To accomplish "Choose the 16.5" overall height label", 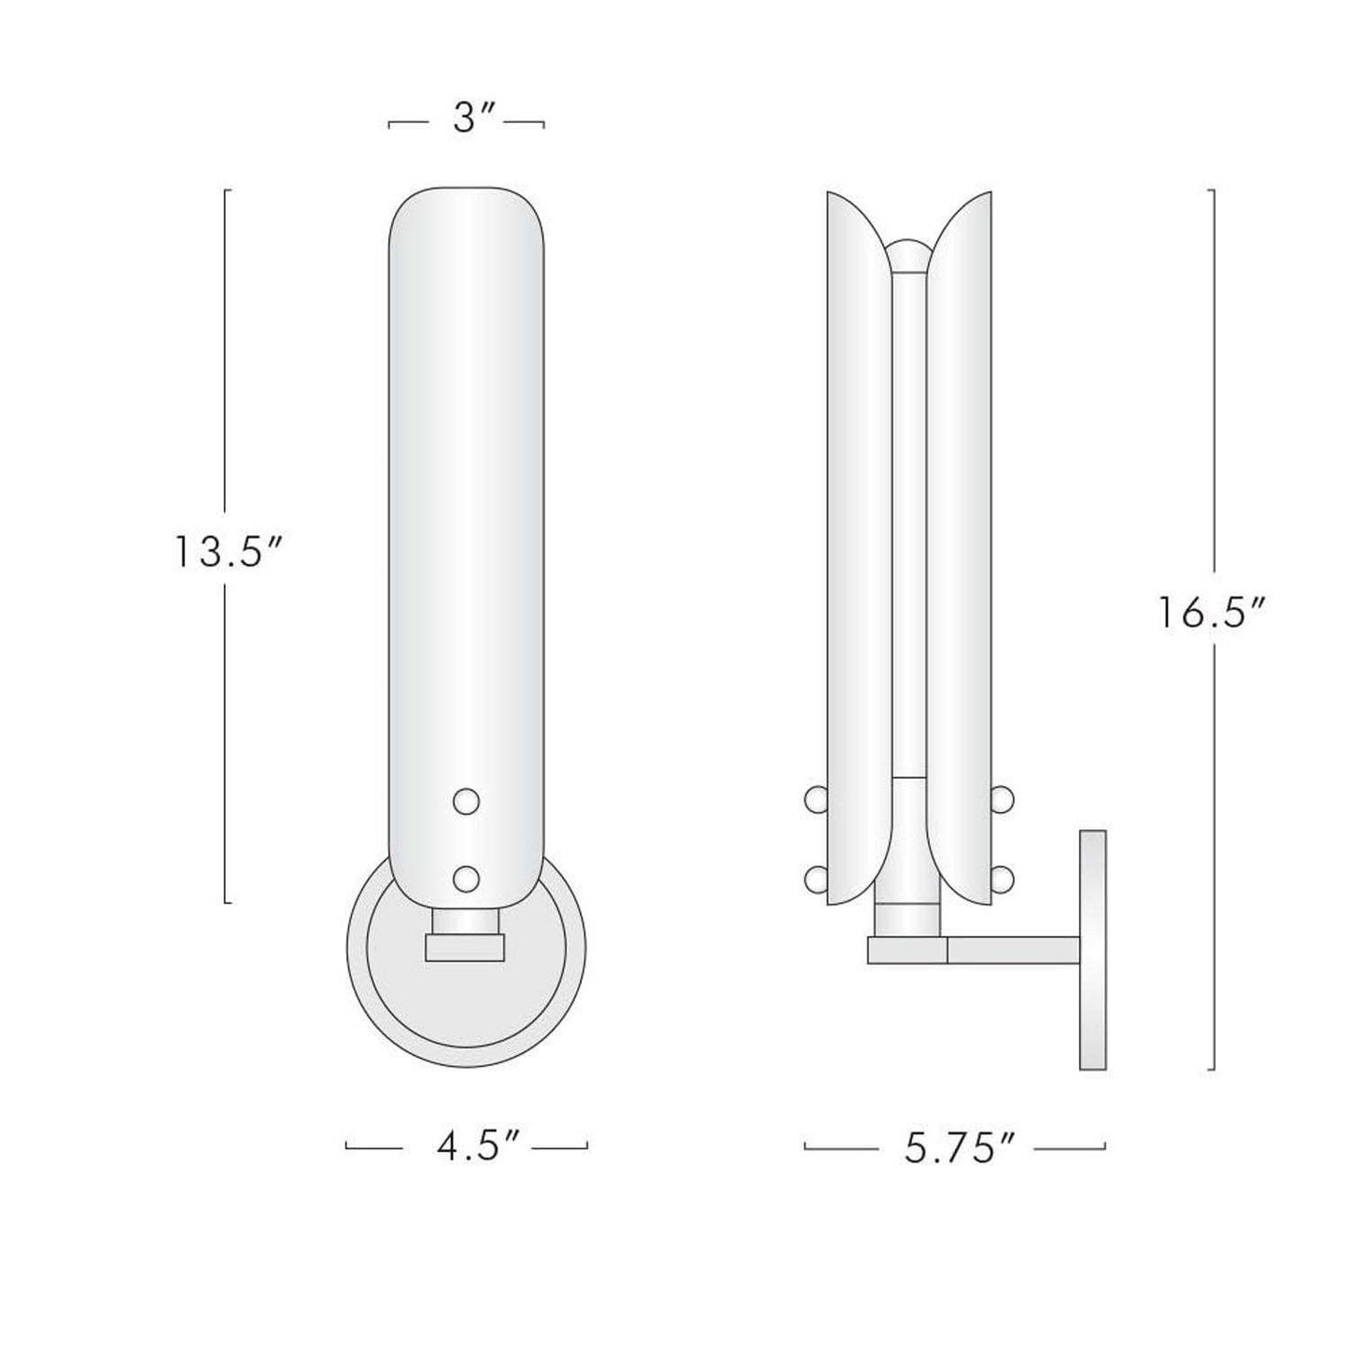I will tap(1212, 613).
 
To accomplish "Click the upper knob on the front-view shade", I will tap(465, 801).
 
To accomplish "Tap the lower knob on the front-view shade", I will tap(465, 878).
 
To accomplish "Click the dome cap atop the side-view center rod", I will tap(907, 255).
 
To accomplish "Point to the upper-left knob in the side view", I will tap(815, 799).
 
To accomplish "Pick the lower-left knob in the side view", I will tap(815, 878).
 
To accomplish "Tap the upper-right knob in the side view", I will tap(1003, 799).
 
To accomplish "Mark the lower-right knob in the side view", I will tap(1003, 878).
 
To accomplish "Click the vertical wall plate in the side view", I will tap(1092, 949).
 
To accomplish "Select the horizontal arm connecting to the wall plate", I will tap(1013, 950).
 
